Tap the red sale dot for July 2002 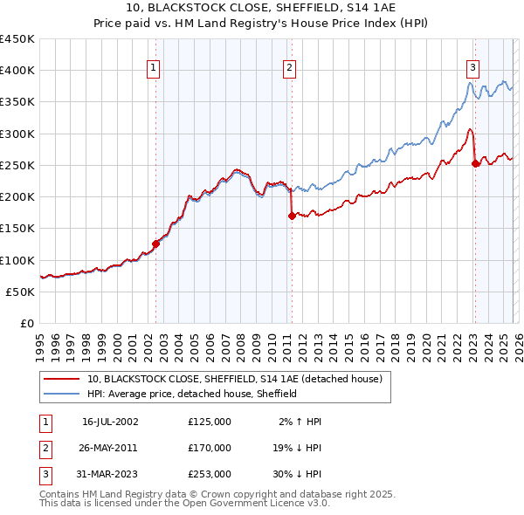coord(155,244)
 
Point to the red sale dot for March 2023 coord(475,163)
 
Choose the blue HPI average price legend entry coord(192,394)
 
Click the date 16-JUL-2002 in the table coord(110,422)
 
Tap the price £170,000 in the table coord(209,448)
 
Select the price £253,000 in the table coord(209,474)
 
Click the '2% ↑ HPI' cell coord(300,422)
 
